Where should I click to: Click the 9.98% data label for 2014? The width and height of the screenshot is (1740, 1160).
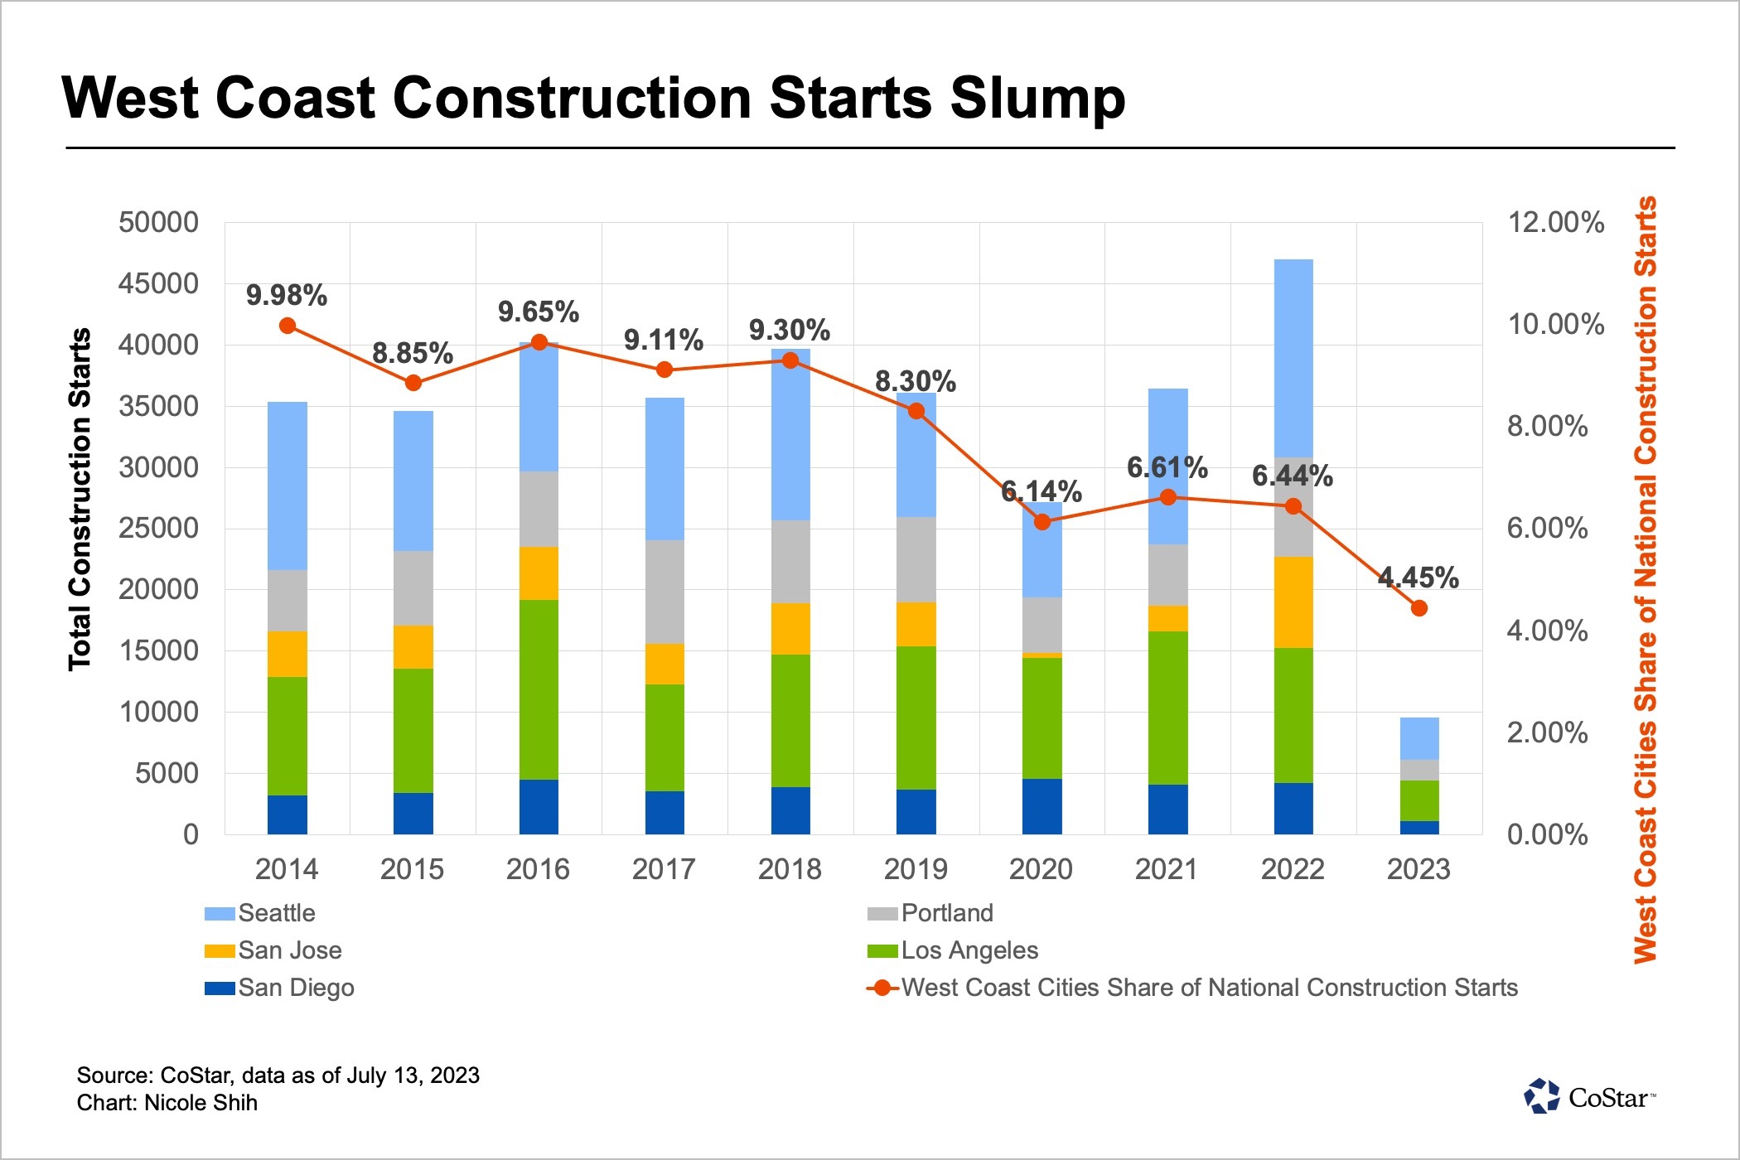point(287,295)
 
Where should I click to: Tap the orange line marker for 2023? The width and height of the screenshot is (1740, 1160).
point(1419,608)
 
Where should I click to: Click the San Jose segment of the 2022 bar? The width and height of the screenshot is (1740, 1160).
point(1293,602)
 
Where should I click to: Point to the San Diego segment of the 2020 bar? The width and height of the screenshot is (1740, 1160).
point(1042,806)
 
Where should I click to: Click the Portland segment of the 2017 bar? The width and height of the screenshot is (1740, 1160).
point(665,592)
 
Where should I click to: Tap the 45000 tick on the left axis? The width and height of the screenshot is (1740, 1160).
point(158,283)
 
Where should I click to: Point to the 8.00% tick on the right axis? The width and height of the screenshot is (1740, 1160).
point(1547,426)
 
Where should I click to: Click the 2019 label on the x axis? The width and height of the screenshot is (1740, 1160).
point(916,869)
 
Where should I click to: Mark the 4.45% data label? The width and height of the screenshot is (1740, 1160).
point(1418,578)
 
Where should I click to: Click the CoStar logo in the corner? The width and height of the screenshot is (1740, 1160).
point(1589,1097)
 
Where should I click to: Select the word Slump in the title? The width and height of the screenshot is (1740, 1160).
point(1037,99)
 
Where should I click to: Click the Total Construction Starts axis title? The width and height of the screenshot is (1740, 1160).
point(80,499)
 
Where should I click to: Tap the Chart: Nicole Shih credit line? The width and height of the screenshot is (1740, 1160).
point(167,1103)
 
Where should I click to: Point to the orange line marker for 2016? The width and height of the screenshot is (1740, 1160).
point(539,342)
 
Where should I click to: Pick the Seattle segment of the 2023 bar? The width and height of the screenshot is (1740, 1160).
point(1419,738)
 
